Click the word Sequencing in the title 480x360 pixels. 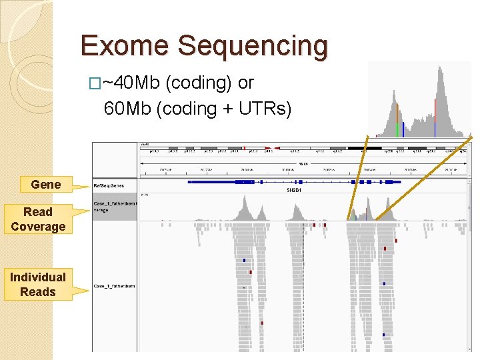(x=253, y=46)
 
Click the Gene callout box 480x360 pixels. (x=46, y=185)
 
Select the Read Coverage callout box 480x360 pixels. (x=38, y=219)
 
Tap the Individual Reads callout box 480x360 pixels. (x=38, y=284)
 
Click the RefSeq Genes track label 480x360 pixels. (x=109, y=185)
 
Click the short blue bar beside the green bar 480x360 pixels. (x=403, y=129)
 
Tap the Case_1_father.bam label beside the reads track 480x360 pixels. (x=114, y=286)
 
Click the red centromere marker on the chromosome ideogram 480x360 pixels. (x=244, y=149)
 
